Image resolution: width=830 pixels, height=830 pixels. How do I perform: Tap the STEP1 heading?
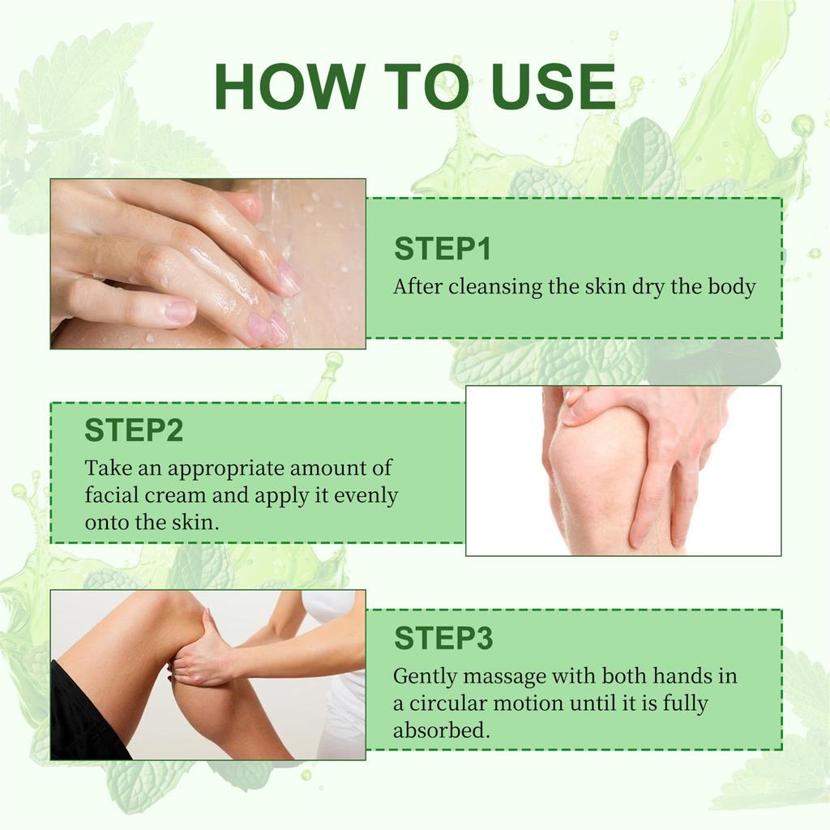443,249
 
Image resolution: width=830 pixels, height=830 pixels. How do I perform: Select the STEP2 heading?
134,430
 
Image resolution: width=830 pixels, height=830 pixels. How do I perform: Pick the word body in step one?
732,287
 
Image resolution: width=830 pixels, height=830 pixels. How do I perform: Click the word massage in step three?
504,676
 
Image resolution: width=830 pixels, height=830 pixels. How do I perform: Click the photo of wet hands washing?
207,263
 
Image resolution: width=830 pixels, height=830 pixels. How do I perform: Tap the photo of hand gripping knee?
622,470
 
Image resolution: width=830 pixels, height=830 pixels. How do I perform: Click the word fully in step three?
685,703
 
